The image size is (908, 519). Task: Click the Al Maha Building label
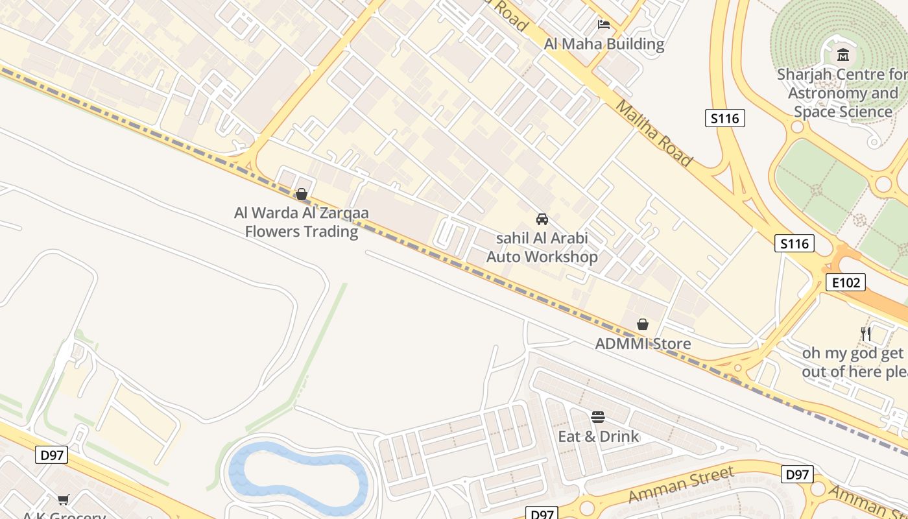604,44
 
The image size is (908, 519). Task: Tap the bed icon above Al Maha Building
604,25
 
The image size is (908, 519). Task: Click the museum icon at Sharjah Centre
843,54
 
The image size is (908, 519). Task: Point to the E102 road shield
845,282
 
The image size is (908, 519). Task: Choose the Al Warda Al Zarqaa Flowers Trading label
302,222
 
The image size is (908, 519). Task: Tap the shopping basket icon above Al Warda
301,193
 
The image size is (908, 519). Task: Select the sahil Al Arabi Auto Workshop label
542,247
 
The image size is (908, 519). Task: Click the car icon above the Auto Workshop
542,219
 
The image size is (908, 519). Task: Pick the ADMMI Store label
643,343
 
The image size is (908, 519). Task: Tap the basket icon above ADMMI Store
643,324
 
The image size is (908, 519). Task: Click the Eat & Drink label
599,436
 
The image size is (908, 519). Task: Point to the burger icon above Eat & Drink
598,416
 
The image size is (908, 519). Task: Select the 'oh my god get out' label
853,362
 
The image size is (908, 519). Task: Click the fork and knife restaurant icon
865,334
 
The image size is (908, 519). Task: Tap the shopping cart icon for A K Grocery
63,499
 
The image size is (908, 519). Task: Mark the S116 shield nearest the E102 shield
794,243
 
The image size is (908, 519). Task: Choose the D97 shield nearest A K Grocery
51,455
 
